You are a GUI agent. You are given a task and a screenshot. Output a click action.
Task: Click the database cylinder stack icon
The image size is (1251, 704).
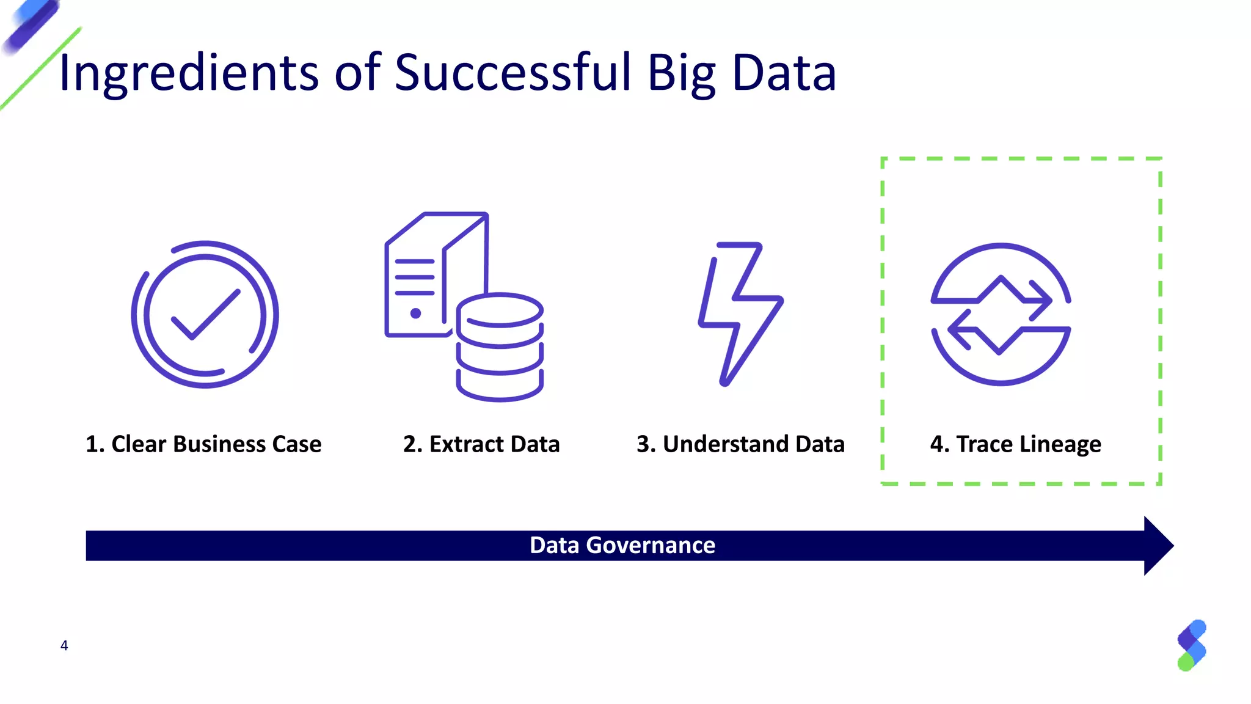point(500,347)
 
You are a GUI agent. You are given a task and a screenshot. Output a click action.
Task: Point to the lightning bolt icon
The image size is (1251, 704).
point(739,313)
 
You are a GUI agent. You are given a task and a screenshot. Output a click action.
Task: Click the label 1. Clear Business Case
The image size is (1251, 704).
point(203,444)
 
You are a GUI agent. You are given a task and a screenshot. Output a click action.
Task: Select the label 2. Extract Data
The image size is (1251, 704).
point(481,444)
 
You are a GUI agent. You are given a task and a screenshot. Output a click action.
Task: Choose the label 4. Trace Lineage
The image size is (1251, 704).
point(1015,444)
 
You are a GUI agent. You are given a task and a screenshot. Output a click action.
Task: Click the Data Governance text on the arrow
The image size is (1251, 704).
point(622,545)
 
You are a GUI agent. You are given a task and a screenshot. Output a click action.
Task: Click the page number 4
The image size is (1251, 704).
point(64,646)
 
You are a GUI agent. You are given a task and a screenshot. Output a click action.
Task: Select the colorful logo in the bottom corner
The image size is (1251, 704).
point(1192,645)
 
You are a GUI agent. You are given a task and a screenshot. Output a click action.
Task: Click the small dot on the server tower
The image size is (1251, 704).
point(415,313)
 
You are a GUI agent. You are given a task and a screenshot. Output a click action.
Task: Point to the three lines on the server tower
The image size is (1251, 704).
point(415,277)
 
